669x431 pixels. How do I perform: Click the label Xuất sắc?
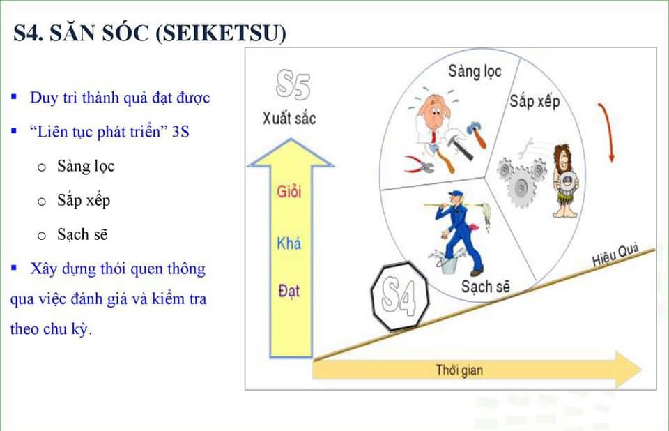(x=289, y=118)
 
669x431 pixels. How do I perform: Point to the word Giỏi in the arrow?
(x=289, y=192)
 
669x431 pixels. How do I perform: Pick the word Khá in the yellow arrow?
(x=289, y=243)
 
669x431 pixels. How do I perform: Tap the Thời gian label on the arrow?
(x=459, y=370)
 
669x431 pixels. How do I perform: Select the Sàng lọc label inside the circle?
(x=475, y=71)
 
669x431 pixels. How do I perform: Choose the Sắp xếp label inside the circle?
(x=535, y=102)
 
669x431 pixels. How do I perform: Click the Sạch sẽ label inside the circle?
(x=486, y=286)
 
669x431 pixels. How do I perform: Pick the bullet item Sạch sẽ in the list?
(x=82, y=234)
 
